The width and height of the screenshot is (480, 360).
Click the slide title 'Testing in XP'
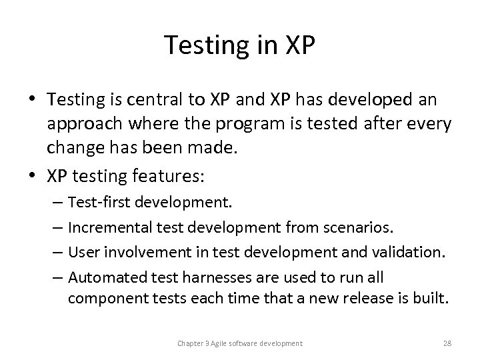[240, 45]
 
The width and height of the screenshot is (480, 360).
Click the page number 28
[447, 343]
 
